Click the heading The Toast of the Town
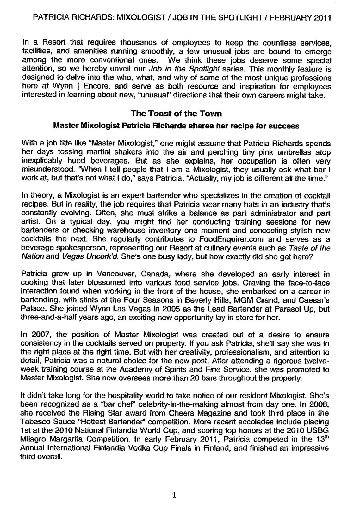click(176, 113)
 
